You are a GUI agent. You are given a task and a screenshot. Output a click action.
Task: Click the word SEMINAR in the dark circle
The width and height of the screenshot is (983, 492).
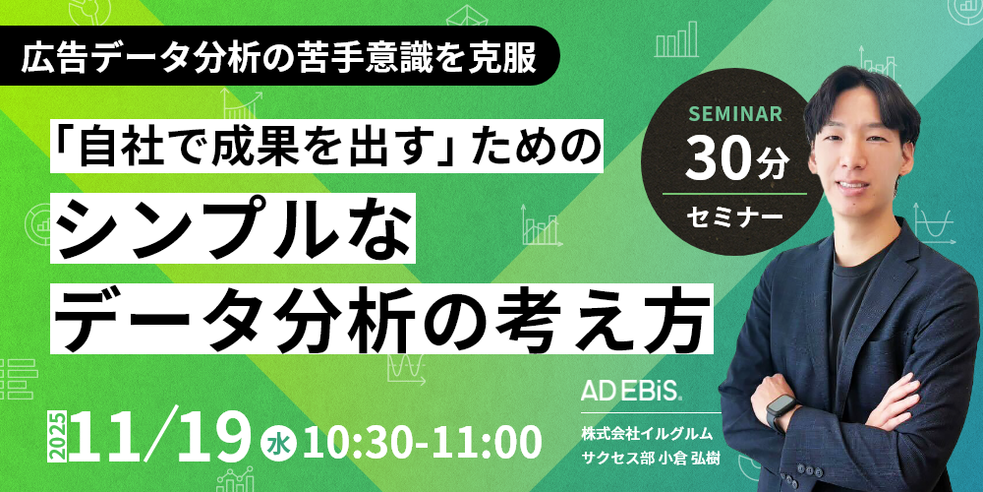(735, 114)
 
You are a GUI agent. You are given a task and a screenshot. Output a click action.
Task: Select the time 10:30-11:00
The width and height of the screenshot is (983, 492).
(421, 442)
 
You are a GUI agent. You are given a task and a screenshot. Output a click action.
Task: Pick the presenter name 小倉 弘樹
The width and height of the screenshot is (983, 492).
(687, 459)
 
